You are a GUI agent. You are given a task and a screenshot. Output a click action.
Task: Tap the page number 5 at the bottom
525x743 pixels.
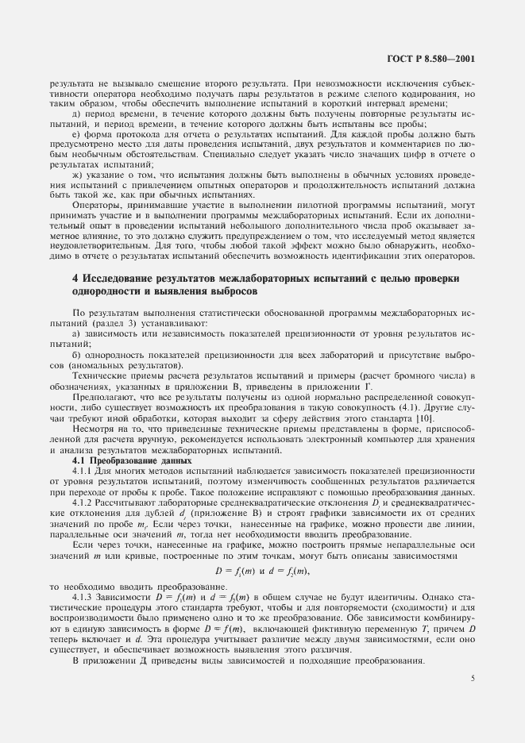(x=473, y=678)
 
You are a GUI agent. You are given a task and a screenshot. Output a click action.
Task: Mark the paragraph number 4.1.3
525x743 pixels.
(x=83, y=595)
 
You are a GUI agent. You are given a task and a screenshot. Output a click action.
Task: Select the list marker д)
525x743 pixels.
(x=76, y=115)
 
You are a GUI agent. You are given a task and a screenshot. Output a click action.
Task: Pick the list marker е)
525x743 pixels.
(x=76, y=136)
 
